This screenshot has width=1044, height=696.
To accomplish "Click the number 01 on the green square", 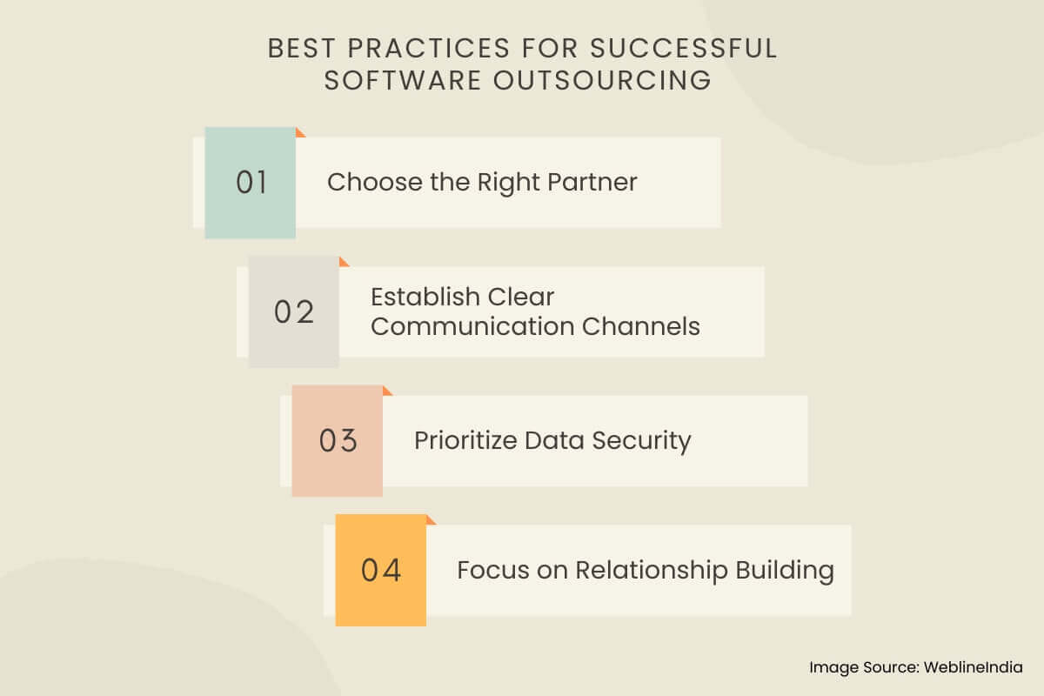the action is point(251,182).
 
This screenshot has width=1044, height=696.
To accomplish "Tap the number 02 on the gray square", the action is point(294,311).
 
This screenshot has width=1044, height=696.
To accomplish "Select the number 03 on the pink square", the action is point(338,440).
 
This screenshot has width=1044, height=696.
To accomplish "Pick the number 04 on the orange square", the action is point(381,570).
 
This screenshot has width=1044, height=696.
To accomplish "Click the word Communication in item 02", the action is point(472,326).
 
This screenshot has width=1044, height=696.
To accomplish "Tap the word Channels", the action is point(641,326).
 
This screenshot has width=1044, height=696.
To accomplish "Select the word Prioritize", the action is point(465,440).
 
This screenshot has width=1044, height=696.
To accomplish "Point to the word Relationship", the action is point(651,571).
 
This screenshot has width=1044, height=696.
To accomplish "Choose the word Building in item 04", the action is point(785,571).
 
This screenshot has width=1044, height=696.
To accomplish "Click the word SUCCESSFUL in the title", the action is point(684,48).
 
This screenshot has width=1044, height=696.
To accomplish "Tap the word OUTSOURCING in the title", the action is point(602,80).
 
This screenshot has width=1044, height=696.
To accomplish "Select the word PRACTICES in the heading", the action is point(429,48).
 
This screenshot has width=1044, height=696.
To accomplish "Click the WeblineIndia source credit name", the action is point(974,667).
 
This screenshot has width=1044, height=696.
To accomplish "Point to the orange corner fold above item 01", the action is point(299,133).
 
